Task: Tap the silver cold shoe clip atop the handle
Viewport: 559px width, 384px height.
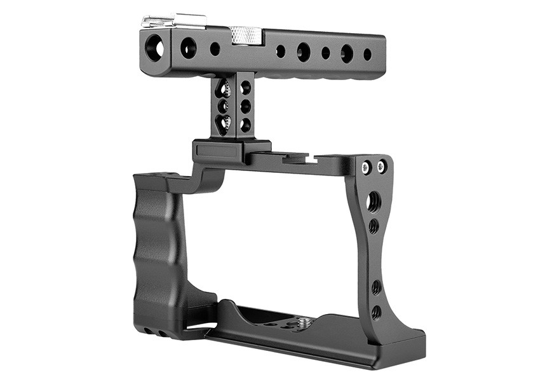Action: (x=173, y=21)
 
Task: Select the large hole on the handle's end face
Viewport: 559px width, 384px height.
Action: (x=155, y=46)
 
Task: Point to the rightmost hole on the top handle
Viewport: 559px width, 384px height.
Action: (x=367, y=55)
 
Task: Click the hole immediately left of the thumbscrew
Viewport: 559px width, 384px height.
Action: (x=215, y=49)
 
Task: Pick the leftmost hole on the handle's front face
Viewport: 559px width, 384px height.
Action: (x=189, y=48)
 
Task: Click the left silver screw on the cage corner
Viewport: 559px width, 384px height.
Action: (x=366, y=168)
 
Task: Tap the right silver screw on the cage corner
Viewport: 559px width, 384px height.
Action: (x=381, y=167)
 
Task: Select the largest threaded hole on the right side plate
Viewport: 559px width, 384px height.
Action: (x=374, y=202)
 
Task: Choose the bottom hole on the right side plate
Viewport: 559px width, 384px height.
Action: (x=377, y=312)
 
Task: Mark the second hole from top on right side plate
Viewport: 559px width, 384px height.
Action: (x=374, y=226)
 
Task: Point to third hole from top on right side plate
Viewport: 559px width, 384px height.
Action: (x=376, y=287)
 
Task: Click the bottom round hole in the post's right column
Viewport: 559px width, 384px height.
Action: (x=245, y=125)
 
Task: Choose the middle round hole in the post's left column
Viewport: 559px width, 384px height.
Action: (x=224, y=106)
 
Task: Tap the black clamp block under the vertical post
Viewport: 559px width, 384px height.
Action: (x=231, y=151)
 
